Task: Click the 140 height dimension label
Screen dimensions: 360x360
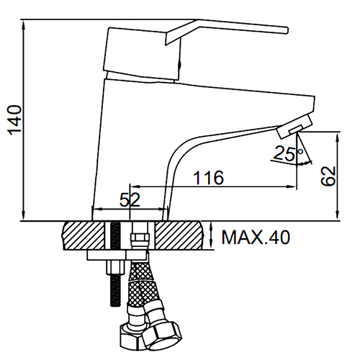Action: point(15,120)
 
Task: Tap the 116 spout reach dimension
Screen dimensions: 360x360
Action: point(209,178)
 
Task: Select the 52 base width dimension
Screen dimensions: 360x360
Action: point(130,199)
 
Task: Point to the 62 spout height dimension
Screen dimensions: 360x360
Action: point(328,176)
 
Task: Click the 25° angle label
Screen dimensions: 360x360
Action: point(288,153)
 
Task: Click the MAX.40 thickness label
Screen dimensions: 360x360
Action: point(256,238)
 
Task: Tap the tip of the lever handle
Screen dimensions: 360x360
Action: point(287,30)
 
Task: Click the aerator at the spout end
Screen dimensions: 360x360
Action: point(294,127)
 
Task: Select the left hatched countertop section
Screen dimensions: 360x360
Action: point(84,235)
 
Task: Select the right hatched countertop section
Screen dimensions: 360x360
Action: point(179,235)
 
